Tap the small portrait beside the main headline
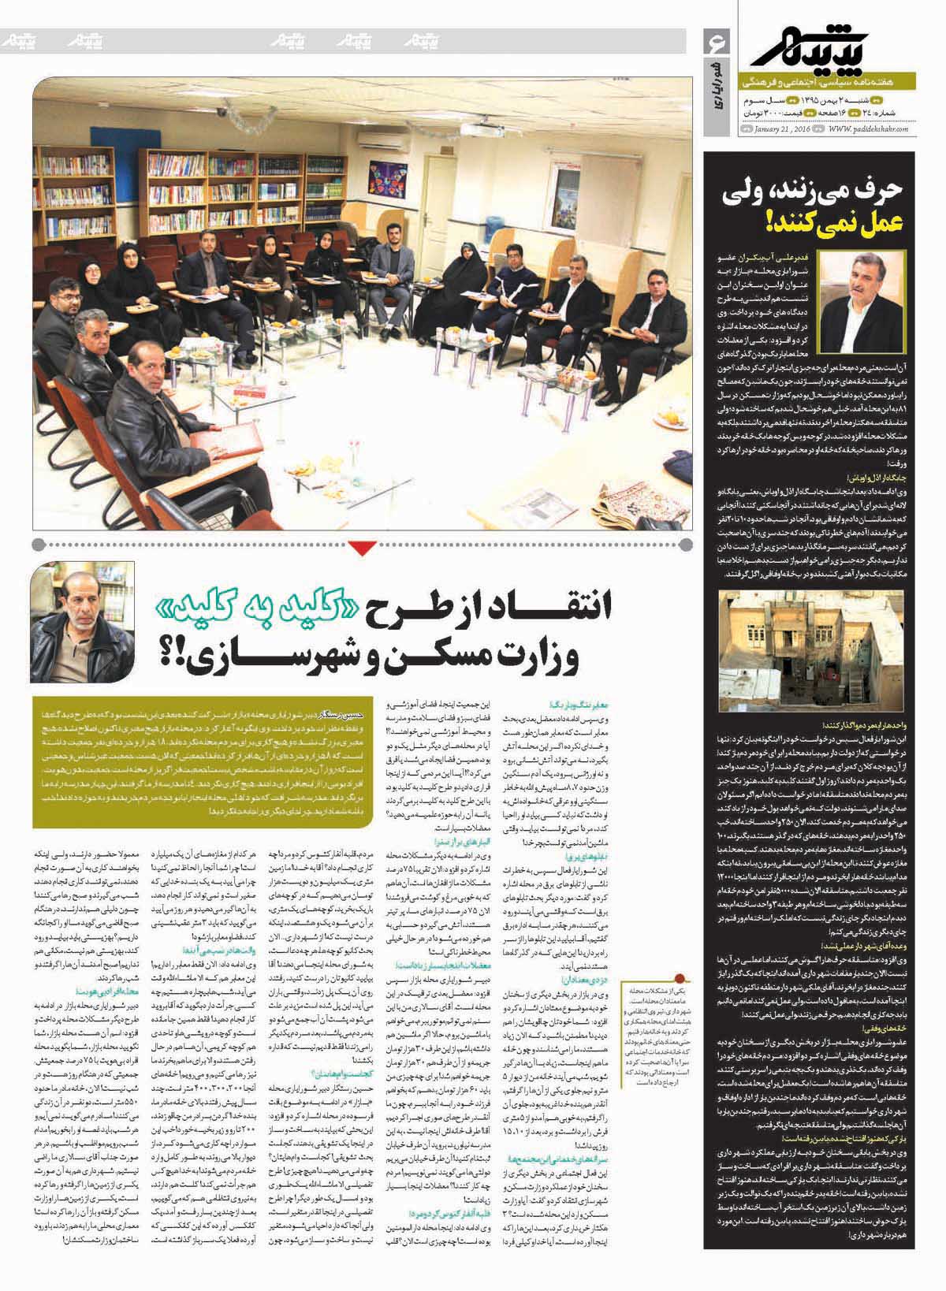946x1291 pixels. [82, 622]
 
